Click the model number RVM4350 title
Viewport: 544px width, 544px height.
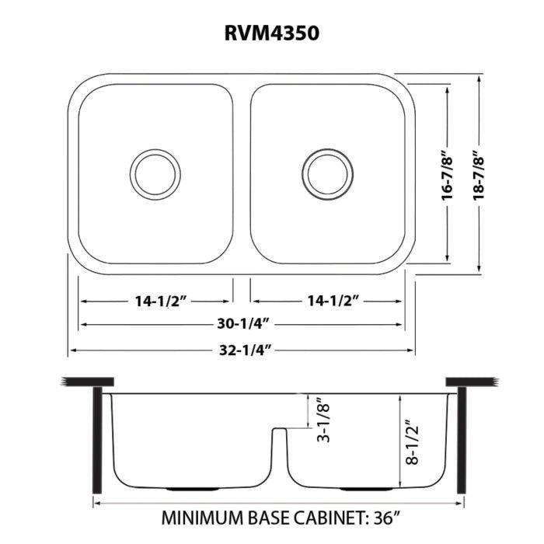[x=272, y=33]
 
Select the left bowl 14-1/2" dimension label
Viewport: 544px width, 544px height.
[x=155, y=301]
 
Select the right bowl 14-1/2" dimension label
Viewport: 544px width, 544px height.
[x=326, y=301]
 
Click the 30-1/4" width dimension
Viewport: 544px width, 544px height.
[x=242, y=325]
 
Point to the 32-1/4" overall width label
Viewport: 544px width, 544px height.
[x=242, y=350]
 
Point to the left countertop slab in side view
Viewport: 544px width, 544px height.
[x=86, y=382]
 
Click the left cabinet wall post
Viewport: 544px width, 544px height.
[x=97, y=440]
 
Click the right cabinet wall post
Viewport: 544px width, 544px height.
[x=460, y=440]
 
